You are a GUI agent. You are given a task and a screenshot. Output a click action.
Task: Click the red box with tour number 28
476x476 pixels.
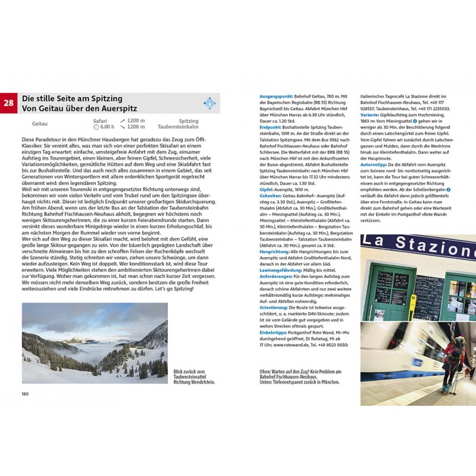coord(10,102)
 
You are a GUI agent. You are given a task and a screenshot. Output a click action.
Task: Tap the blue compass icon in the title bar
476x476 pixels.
coord(209,102)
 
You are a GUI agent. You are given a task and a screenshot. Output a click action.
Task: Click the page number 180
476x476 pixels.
coord(26,394)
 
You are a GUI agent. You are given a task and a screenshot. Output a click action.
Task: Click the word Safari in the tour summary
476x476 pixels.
coord(100,120)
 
